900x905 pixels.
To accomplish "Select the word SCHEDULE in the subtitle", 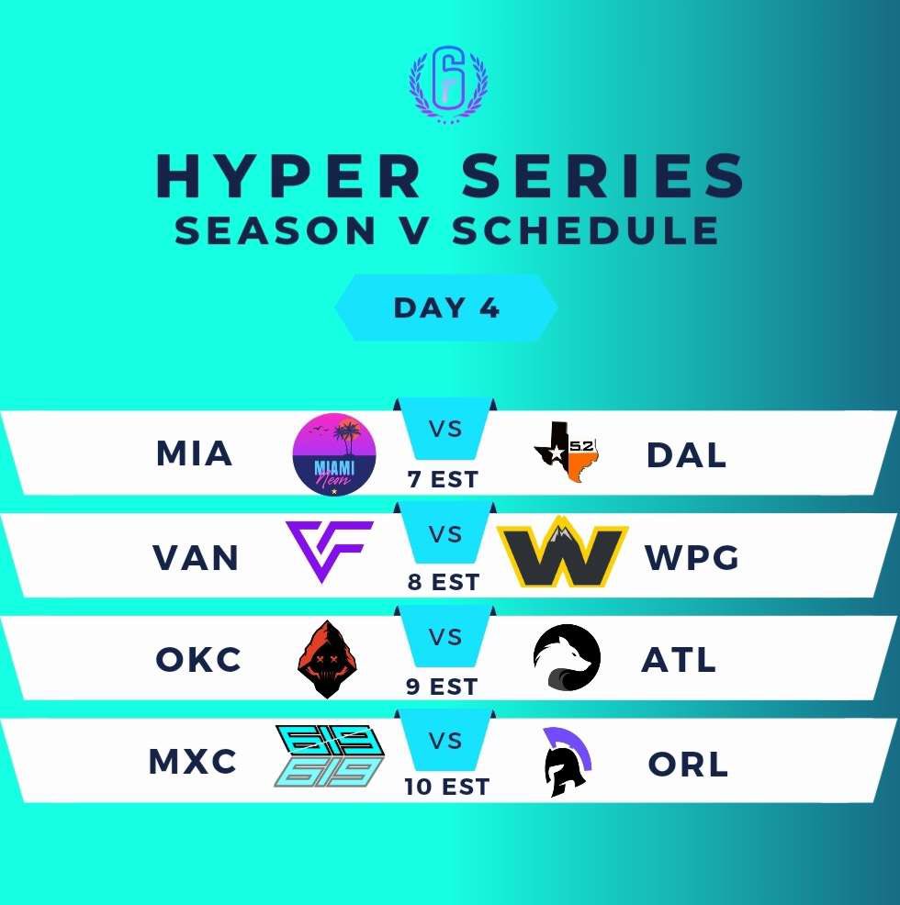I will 585,230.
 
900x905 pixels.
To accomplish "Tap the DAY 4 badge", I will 446,307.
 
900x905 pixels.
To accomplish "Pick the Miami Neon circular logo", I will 333,454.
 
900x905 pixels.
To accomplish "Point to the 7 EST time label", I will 442,480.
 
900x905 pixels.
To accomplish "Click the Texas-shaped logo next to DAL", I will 567,452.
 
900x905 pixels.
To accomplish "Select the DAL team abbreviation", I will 686,454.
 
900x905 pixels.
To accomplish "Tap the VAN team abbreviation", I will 194,557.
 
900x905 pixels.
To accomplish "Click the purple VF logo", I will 329,551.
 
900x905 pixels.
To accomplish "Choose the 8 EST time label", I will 443,583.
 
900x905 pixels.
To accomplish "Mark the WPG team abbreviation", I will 692,557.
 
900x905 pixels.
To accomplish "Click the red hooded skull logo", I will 328,659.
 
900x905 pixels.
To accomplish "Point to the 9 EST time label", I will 443,686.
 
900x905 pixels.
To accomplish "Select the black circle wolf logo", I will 567,658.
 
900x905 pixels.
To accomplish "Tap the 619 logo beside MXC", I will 330,757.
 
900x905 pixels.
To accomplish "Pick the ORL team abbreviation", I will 687,764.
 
